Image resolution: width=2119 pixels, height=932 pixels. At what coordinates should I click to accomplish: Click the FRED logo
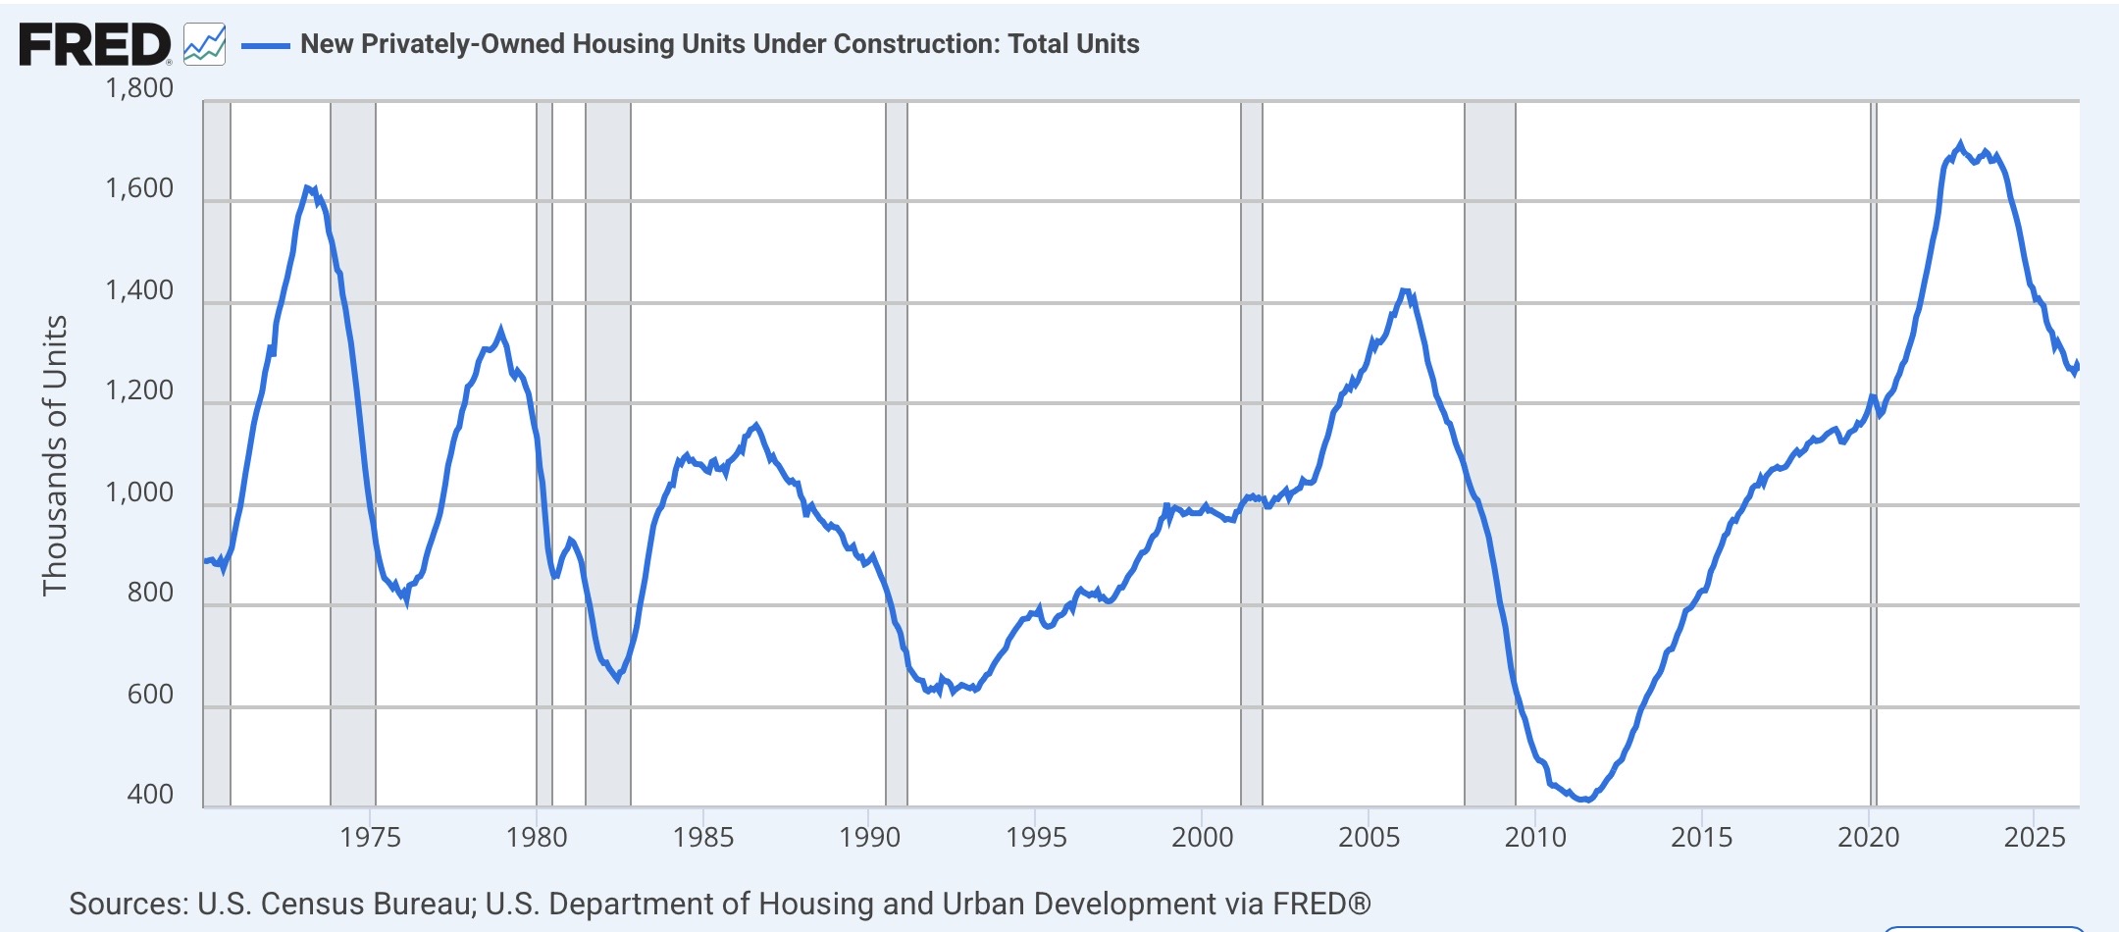coord(95,45)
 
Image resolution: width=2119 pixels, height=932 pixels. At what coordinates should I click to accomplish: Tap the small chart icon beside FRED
coord(204,45)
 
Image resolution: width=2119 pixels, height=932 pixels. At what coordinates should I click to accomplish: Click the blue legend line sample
coord(265,45)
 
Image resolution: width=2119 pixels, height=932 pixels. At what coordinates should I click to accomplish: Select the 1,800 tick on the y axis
coord(139,88)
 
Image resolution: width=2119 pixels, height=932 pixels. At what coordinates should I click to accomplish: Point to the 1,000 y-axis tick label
coord(139,492)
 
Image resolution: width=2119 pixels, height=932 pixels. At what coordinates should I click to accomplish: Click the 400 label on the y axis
coord(150,795)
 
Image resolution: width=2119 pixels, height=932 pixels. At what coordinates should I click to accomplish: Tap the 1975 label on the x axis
coord(371,838)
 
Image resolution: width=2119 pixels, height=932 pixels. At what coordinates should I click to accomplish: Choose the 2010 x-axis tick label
coord(1535,838)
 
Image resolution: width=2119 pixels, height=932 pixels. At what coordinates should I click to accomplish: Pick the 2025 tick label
coord(2035,838)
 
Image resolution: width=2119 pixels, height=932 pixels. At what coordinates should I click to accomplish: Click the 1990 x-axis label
coord(869,838)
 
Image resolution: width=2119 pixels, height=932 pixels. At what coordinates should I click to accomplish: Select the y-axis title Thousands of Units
coord(55,455)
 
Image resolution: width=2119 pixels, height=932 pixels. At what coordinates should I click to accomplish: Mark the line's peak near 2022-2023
coord(1961,144)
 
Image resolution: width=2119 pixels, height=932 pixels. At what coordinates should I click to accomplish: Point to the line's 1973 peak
coord(307,186)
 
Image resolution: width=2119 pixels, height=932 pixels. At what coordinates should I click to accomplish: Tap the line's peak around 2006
coord(1404,290)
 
